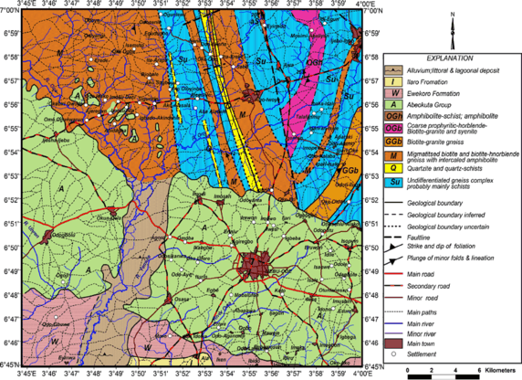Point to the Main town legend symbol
point(395,342)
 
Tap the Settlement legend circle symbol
point(395,354)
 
